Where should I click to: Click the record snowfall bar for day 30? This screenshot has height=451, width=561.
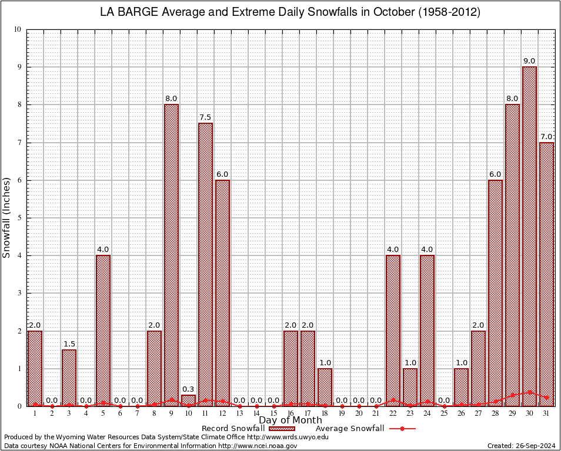529,235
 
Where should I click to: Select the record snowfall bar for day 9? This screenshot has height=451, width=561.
171,253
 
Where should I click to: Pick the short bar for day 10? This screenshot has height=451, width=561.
188,400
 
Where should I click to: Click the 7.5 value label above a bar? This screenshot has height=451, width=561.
205,117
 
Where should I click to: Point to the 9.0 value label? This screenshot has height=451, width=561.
529,61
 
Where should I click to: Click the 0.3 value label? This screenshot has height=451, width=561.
188,389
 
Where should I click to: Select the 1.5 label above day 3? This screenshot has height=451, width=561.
69,344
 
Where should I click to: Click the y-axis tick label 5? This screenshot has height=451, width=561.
19,218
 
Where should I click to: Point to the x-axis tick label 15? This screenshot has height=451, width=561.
273,414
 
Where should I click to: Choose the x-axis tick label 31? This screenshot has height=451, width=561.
546,414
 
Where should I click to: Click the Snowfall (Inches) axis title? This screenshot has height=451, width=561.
7,217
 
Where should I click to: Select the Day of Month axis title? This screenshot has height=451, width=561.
290,420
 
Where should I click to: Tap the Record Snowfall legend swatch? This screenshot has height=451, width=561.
281,429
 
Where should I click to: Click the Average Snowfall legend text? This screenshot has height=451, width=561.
350,429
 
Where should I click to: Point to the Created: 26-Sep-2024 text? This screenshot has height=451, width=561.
522,446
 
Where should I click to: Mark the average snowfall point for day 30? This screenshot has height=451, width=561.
529,392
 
